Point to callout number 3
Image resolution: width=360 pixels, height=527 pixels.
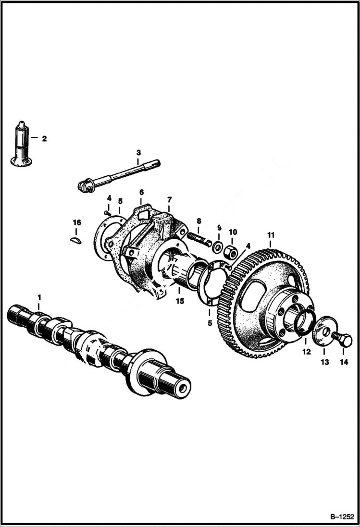(138, 152)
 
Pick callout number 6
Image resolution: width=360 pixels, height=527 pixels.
(141, 192)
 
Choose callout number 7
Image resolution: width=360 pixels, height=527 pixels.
(169, 199)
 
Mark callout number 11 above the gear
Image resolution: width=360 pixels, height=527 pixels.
(271, 235)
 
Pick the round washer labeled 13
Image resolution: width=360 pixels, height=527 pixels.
(324, 331)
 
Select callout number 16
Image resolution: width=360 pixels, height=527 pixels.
(77, 222)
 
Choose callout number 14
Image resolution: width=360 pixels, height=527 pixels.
(343, 362)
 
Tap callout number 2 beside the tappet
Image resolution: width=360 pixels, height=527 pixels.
(44, 139)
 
